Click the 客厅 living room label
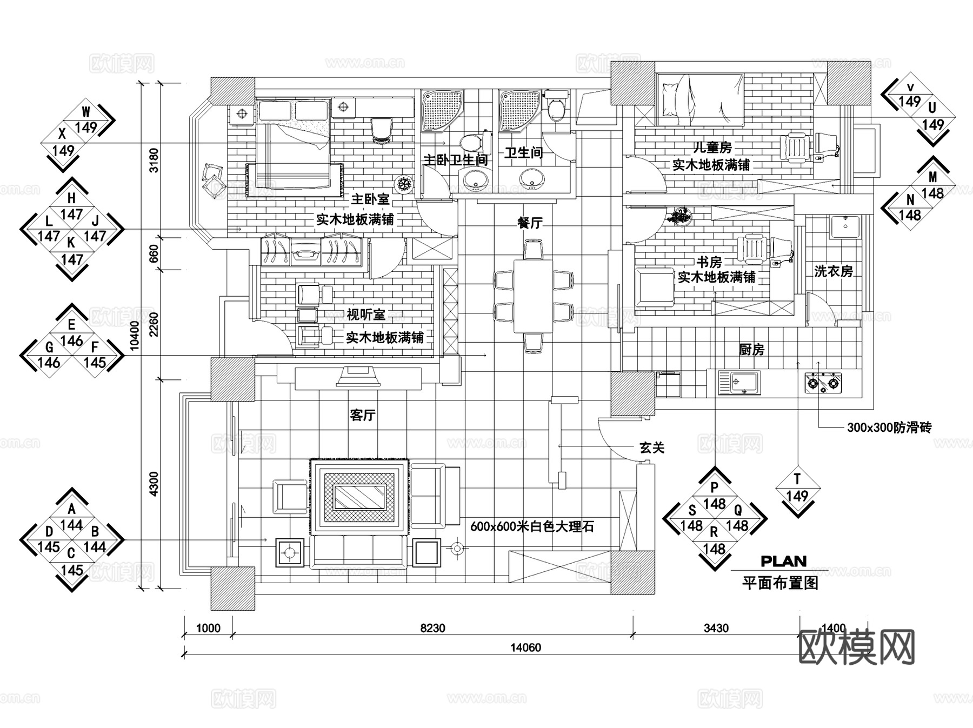tap(362, 415)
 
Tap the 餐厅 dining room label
tap(530, 222)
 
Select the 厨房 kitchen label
tap(751, 350)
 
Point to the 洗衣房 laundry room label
tap(833, 271)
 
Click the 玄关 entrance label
tap(651, 448)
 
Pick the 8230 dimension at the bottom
tap(432, 628)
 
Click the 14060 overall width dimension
tap(525, 647)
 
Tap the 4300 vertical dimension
tap(154, 484)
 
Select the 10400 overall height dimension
tap(135, 335)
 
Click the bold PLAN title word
tap(783, 561)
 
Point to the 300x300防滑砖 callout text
tap(889, 428)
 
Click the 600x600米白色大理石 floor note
tap(532, 526)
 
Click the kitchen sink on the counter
tap(739, 383)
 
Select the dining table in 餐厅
tap(533, 296)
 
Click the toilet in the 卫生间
tap(556, 106)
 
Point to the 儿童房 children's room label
tap(712, 147)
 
